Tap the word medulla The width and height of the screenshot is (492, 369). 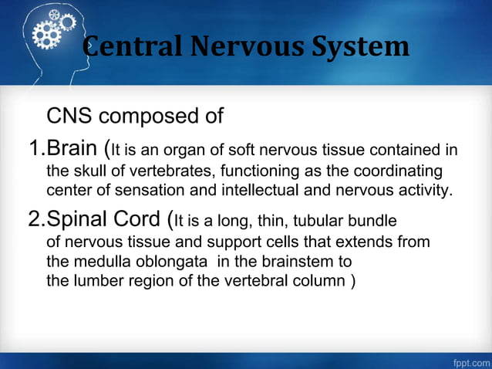coord(99,262)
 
